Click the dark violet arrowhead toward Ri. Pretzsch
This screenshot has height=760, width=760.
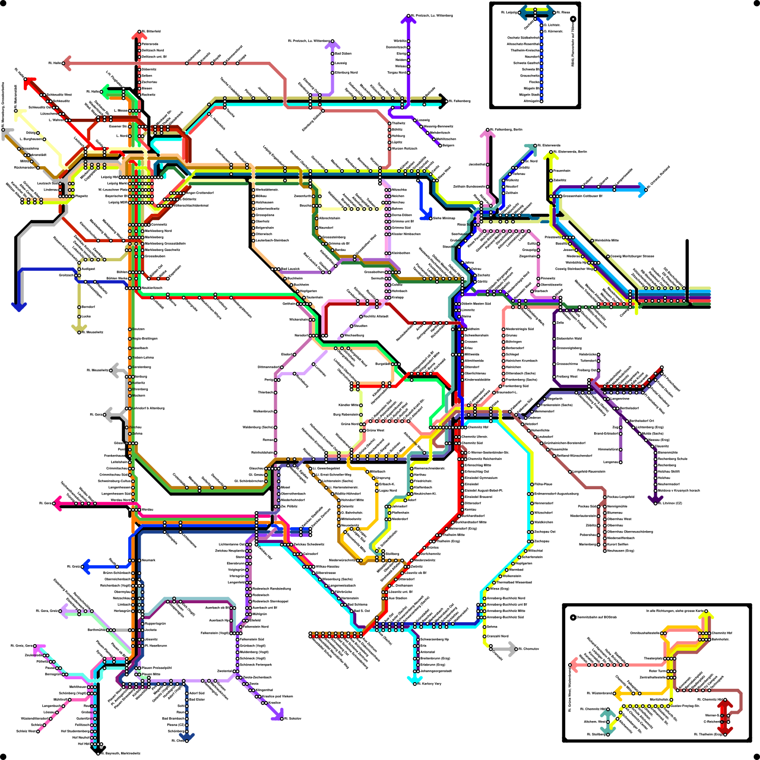(x=408, y=19)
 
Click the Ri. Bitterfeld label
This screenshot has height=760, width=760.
(x=151, y=31)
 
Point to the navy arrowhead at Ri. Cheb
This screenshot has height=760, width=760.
(x=187, y=738)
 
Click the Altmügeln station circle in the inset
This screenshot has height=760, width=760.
(x=541, y=101)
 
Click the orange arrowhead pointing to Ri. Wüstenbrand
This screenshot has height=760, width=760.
(x=618, y=693)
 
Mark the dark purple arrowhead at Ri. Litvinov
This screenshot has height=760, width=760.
(x=655, y=500)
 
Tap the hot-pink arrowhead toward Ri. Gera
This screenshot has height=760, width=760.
(x=57, y=503)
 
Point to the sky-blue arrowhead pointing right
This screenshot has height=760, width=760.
(x=643, y=189)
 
